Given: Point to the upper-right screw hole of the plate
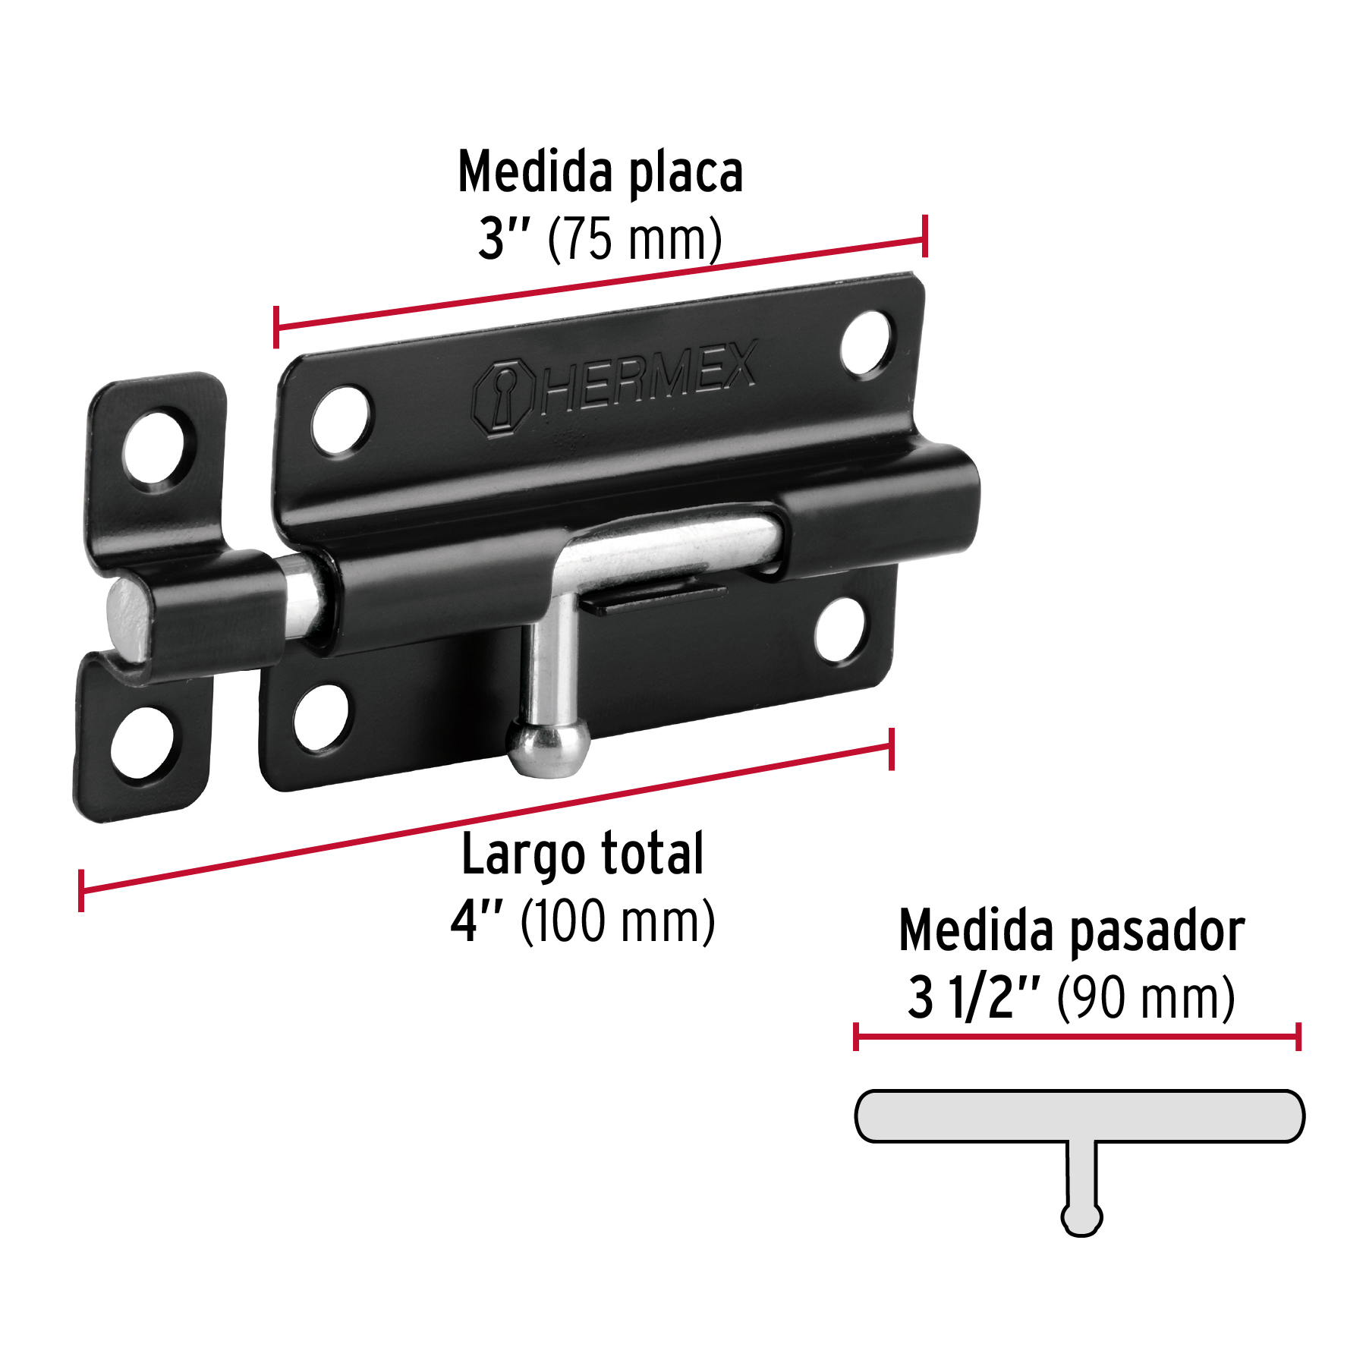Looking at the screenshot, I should coord(867,343).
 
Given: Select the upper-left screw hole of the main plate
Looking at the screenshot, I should coord(341,420).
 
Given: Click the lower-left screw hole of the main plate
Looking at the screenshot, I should coord(322,716).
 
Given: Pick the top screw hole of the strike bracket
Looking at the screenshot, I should coord(155,448).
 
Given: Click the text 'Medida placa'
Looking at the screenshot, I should coord(600,172).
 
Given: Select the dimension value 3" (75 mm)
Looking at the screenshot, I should coord(600,239).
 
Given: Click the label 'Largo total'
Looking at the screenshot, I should coord(583,855).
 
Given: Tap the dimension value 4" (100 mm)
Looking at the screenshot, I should coord(583,921).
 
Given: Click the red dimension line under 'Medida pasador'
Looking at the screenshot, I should coord(1078,1037).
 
